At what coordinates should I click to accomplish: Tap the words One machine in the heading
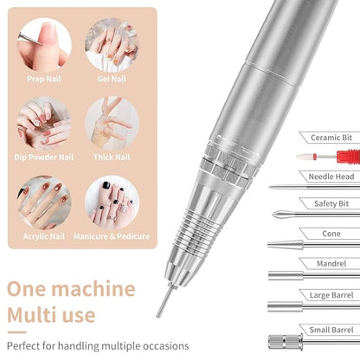click(73, 289)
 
